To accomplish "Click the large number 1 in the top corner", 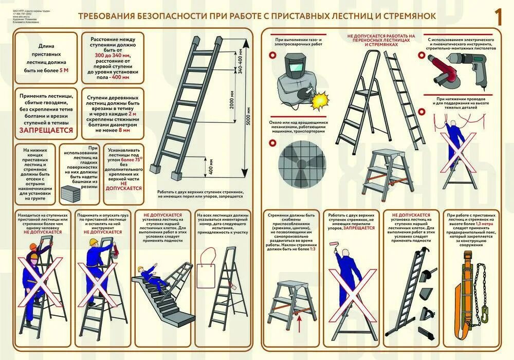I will pyautogui.click(x=498, y=16).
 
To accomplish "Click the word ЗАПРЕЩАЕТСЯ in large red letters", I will pyautogui.click(x=46, y=131).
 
